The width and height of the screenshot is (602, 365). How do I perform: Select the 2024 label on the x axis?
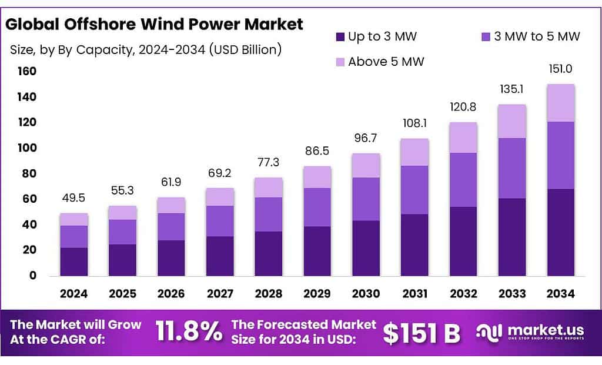(73, 293)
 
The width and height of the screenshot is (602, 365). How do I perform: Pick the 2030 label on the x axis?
(366, 293)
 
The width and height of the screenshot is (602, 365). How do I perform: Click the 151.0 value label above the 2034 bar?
(560, 69)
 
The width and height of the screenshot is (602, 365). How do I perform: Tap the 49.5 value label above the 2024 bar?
(73, 198)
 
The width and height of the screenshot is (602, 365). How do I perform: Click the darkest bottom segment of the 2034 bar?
(560, 232)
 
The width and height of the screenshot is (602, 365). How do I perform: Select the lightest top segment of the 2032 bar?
(463, 138)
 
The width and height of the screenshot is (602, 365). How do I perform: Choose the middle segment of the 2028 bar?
(268, 215)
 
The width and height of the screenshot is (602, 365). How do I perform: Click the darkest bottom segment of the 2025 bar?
(122, 260)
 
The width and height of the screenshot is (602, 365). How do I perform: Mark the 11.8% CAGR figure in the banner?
(189, 333)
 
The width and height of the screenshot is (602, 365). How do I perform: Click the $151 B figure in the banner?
(422, 333)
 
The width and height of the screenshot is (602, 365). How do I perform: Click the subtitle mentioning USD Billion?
(146, 49)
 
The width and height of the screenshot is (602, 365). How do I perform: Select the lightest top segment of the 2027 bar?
(220, 197)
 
